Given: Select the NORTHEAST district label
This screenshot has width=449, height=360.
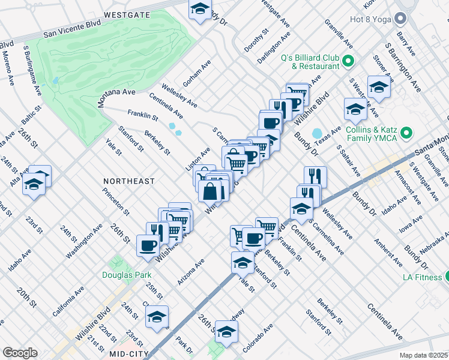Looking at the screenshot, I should pyautogui.click(x=128, y=181).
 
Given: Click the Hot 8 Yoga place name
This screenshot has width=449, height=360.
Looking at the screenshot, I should pyautogui.click(x=372, y=19).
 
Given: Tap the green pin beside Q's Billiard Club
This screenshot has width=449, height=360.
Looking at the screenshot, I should pyautogui.click(x=348, y=61).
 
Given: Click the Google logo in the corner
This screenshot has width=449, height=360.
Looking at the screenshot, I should pyautogui.click(x=20, y=353).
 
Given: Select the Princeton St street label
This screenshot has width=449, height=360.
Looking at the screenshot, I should pyautogui.click(x=116, y=201).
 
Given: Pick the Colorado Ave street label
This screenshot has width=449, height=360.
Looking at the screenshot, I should pyautogui.click(x=258, y=338).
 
